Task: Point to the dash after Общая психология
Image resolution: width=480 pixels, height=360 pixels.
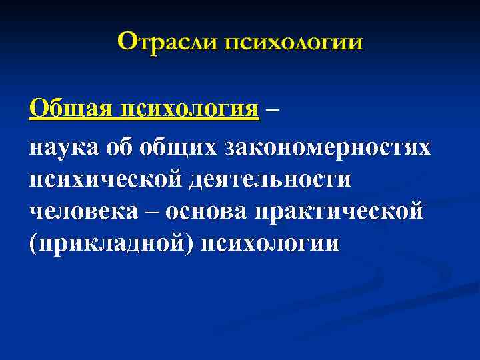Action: (272, 109)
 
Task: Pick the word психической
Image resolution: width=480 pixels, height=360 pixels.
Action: (107, 178)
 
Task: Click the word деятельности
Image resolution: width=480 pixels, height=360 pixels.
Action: (273, 178)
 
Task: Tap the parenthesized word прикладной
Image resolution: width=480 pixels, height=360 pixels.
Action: (114, 243)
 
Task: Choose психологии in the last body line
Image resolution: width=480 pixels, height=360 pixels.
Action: (273, 243)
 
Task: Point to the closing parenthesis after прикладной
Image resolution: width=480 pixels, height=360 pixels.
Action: (193, 243)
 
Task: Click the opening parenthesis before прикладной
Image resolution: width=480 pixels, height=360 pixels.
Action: (33, 243)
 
